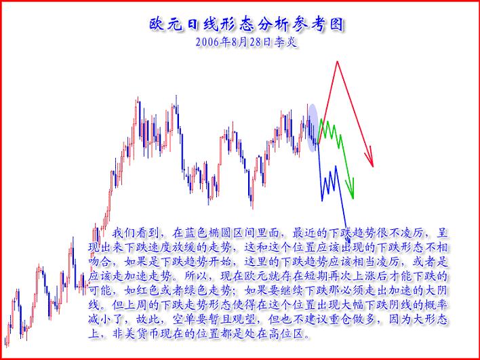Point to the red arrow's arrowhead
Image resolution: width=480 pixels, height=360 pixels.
coord(370,161)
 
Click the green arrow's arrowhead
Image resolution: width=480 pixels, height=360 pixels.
coord(351,187)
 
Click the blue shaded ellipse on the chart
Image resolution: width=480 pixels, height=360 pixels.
coord(312,127)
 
